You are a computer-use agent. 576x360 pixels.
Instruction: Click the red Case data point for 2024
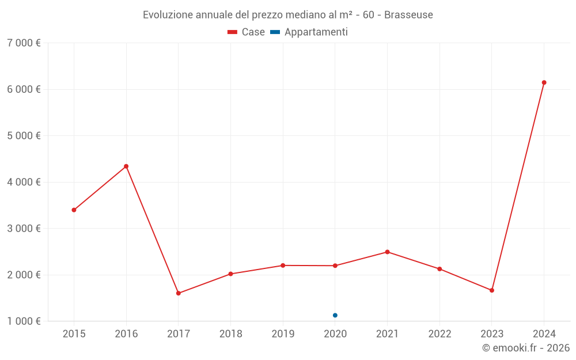(544, 82)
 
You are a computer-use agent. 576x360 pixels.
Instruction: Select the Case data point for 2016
(126, 166)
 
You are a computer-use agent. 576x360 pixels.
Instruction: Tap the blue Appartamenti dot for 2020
(335, 315)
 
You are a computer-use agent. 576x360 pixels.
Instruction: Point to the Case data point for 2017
(179, 293)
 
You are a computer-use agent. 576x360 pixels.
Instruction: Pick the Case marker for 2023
(491, 290)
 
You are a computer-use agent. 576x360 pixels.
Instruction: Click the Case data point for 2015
(74, 210)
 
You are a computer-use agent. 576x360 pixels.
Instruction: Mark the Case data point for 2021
(387, 252)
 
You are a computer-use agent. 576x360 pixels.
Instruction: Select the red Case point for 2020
(335, 266)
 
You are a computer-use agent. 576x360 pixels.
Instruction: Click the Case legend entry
(247, 32)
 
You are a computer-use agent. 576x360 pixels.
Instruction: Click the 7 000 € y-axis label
(24, 43)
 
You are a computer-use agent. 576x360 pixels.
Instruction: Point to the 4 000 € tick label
(24, 182)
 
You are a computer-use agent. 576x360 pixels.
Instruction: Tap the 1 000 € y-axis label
(24, 321)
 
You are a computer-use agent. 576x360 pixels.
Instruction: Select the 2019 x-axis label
(283, 334)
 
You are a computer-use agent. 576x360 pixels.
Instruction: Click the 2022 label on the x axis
(439, 334)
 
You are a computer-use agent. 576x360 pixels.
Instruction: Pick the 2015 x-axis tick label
(74, 334)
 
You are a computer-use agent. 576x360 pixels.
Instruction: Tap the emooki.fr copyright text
(526, 348)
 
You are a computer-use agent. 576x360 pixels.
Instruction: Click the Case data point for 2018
(230, 274)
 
